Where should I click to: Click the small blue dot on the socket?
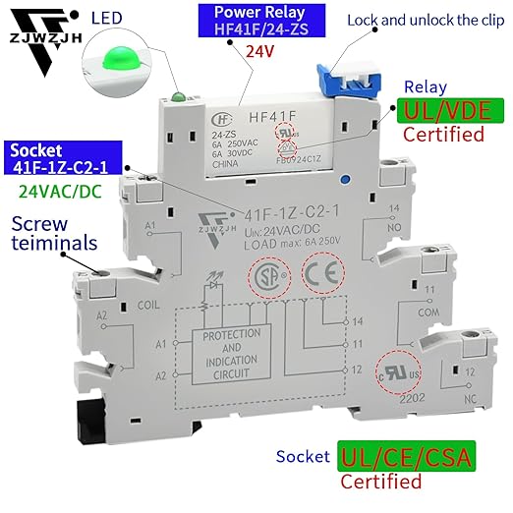point(343,180)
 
